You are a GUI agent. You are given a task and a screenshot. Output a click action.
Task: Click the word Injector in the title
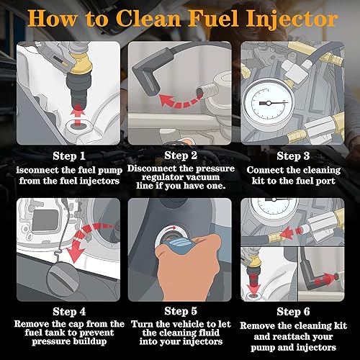coord(292,19)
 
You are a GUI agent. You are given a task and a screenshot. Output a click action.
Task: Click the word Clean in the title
coord(148,18)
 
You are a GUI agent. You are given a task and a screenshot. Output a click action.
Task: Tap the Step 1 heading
coord(69,156)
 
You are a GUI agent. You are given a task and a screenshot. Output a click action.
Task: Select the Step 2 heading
coord(181,156)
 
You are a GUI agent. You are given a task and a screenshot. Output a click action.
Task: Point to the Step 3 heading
coord(293,156)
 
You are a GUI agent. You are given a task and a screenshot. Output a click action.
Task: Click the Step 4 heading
coord(69,312)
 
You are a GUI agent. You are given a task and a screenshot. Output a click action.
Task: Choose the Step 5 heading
coord(181,311)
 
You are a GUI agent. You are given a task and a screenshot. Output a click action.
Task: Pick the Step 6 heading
coord(293,312)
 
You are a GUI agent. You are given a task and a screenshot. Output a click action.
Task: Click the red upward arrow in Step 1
coord(77,115)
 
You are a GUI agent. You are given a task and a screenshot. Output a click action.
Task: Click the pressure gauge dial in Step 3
coord(269,104)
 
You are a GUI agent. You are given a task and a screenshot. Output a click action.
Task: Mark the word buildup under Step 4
coord(90,341)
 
